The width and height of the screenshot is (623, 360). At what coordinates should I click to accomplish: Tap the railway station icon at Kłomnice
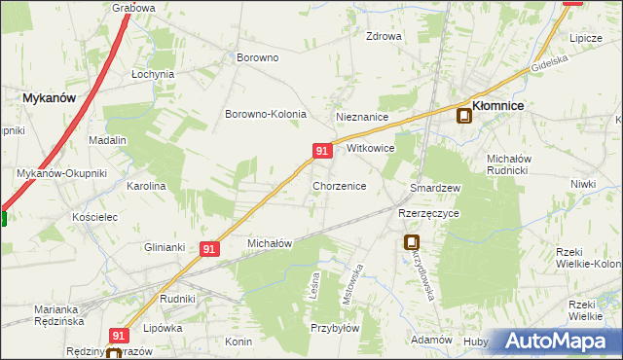click(464, 117)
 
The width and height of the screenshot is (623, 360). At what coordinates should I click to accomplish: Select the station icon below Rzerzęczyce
click(412, 243)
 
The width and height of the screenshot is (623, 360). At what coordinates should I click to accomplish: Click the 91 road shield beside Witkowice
click(322, 150)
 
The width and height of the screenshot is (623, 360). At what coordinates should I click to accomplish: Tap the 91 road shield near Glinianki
click(209, 249)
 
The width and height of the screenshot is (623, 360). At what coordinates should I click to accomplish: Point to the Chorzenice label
click(339, 185)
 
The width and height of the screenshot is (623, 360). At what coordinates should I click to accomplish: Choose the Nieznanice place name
click(362, 117)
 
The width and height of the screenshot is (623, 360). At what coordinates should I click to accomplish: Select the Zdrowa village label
click(384, 37)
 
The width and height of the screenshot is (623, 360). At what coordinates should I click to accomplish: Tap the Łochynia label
click(153, 74)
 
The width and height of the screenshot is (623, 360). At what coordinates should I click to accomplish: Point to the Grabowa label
click(134, 8)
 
